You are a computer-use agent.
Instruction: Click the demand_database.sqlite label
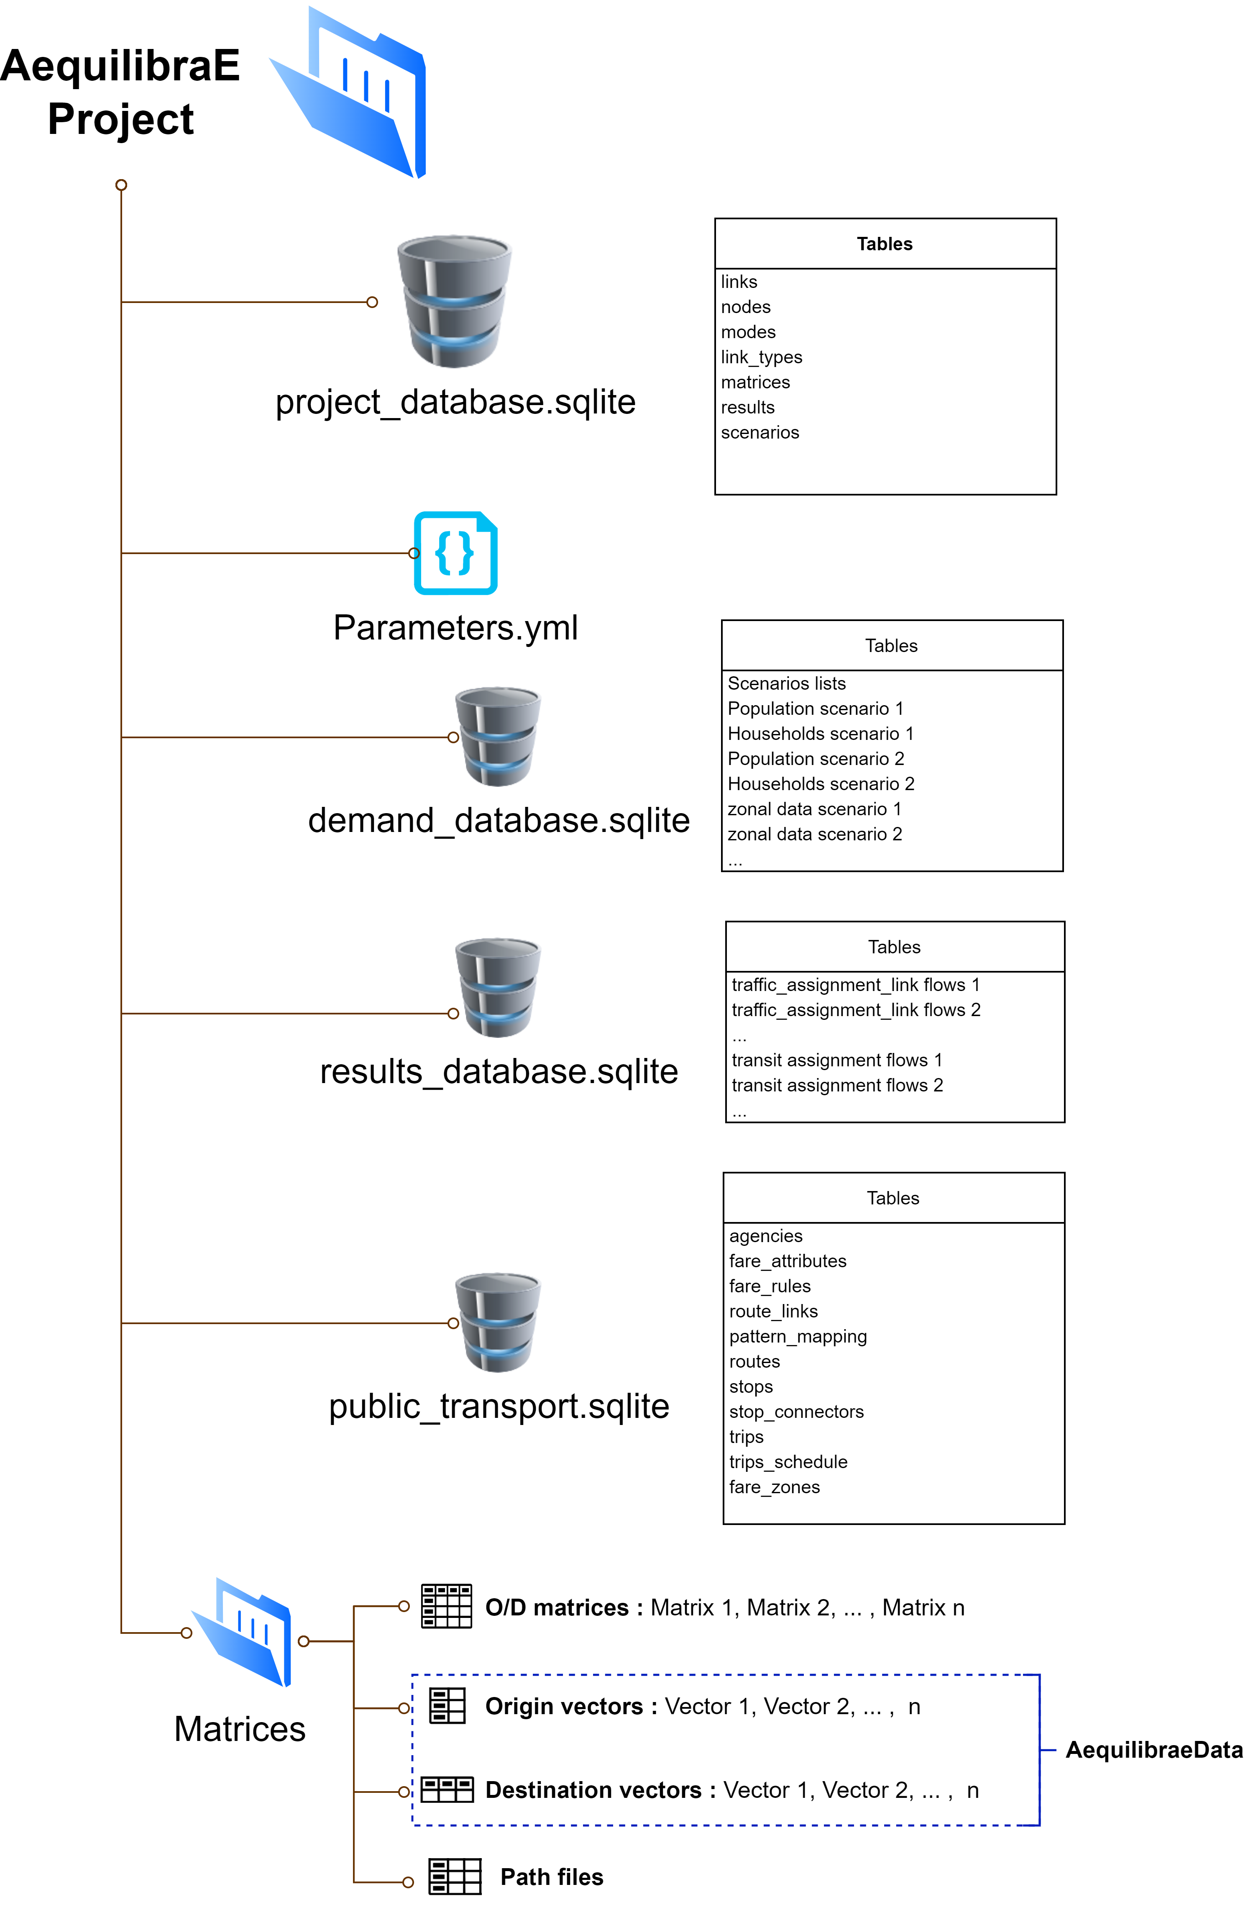[499, 820]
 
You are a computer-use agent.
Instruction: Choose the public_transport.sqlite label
[499, 1406]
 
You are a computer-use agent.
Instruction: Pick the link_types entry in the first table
[761, 357]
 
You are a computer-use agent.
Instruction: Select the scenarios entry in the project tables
[759, 432]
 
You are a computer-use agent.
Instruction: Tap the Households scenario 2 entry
[820, 783]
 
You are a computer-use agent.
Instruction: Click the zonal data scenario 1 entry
[813, 809]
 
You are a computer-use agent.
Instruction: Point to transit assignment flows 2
[837, 1085]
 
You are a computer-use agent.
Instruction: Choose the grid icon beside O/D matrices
[446, 1606]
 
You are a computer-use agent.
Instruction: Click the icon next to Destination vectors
[447, 1790]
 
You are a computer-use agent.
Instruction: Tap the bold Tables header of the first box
[884, 244]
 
